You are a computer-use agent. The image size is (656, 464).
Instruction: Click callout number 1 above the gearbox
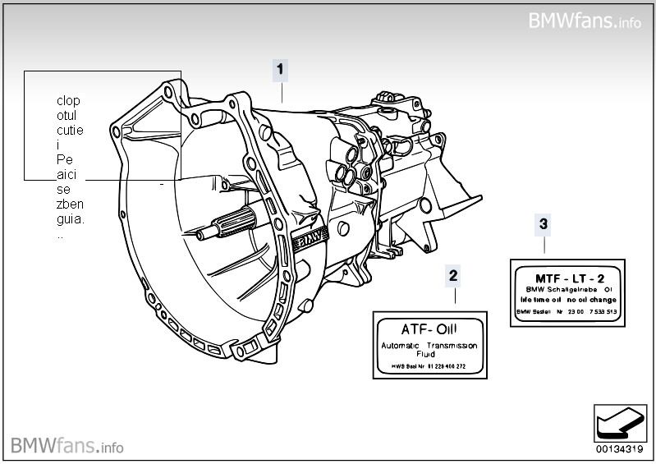click(281, 70)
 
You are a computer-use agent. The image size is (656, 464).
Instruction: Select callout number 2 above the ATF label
click(453, 275)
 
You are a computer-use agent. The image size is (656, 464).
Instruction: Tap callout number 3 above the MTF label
click(543, 223)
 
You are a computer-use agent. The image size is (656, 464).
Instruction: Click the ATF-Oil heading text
click(429, 328)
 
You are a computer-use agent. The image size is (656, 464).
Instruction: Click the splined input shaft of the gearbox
click(235, 222)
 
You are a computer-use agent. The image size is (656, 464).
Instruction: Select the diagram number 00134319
click(620, 449)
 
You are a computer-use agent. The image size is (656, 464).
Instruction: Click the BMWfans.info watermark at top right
click(585, 21)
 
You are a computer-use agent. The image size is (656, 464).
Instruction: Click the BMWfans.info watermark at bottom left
click(67, 446)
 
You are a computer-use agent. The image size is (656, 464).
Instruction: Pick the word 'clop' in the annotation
click(68, 101)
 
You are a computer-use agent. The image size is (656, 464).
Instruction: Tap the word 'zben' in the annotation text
click(71, 204)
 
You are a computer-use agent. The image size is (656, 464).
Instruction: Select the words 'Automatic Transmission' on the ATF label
click(429, 346)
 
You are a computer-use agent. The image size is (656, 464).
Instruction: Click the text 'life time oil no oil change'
click(567, 300)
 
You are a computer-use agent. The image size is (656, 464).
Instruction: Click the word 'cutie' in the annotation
click(71, 130)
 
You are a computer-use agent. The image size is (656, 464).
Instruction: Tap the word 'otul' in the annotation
click(67, 116)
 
